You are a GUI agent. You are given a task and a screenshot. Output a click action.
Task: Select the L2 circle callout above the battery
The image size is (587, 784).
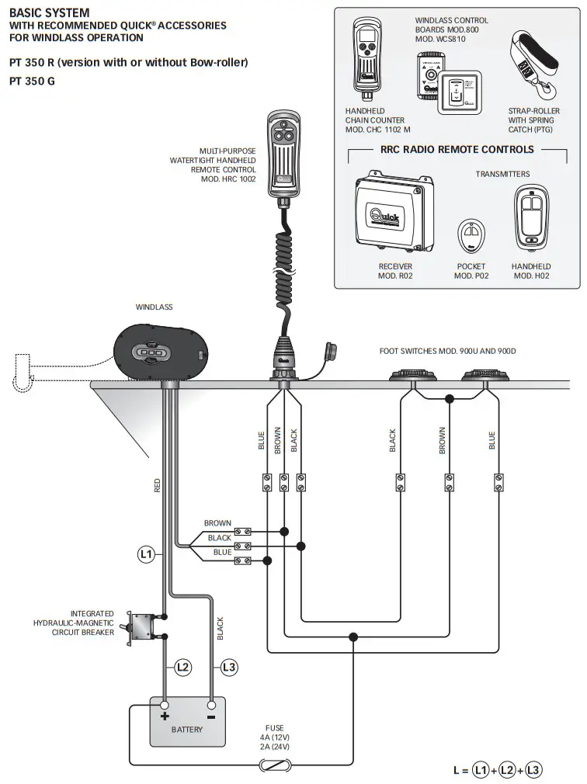182,666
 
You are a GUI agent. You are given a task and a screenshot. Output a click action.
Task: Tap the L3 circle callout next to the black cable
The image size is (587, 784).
229,666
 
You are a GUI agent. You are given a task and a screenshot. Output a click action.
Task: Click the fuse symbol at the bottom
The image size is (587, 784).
276,765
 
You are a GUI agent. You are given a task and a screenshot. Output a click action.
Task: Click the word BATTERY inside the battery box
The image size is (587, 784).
187,730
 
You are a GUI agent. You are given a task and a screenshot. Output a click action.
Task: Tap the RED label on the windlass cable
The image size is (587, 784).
158,486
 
